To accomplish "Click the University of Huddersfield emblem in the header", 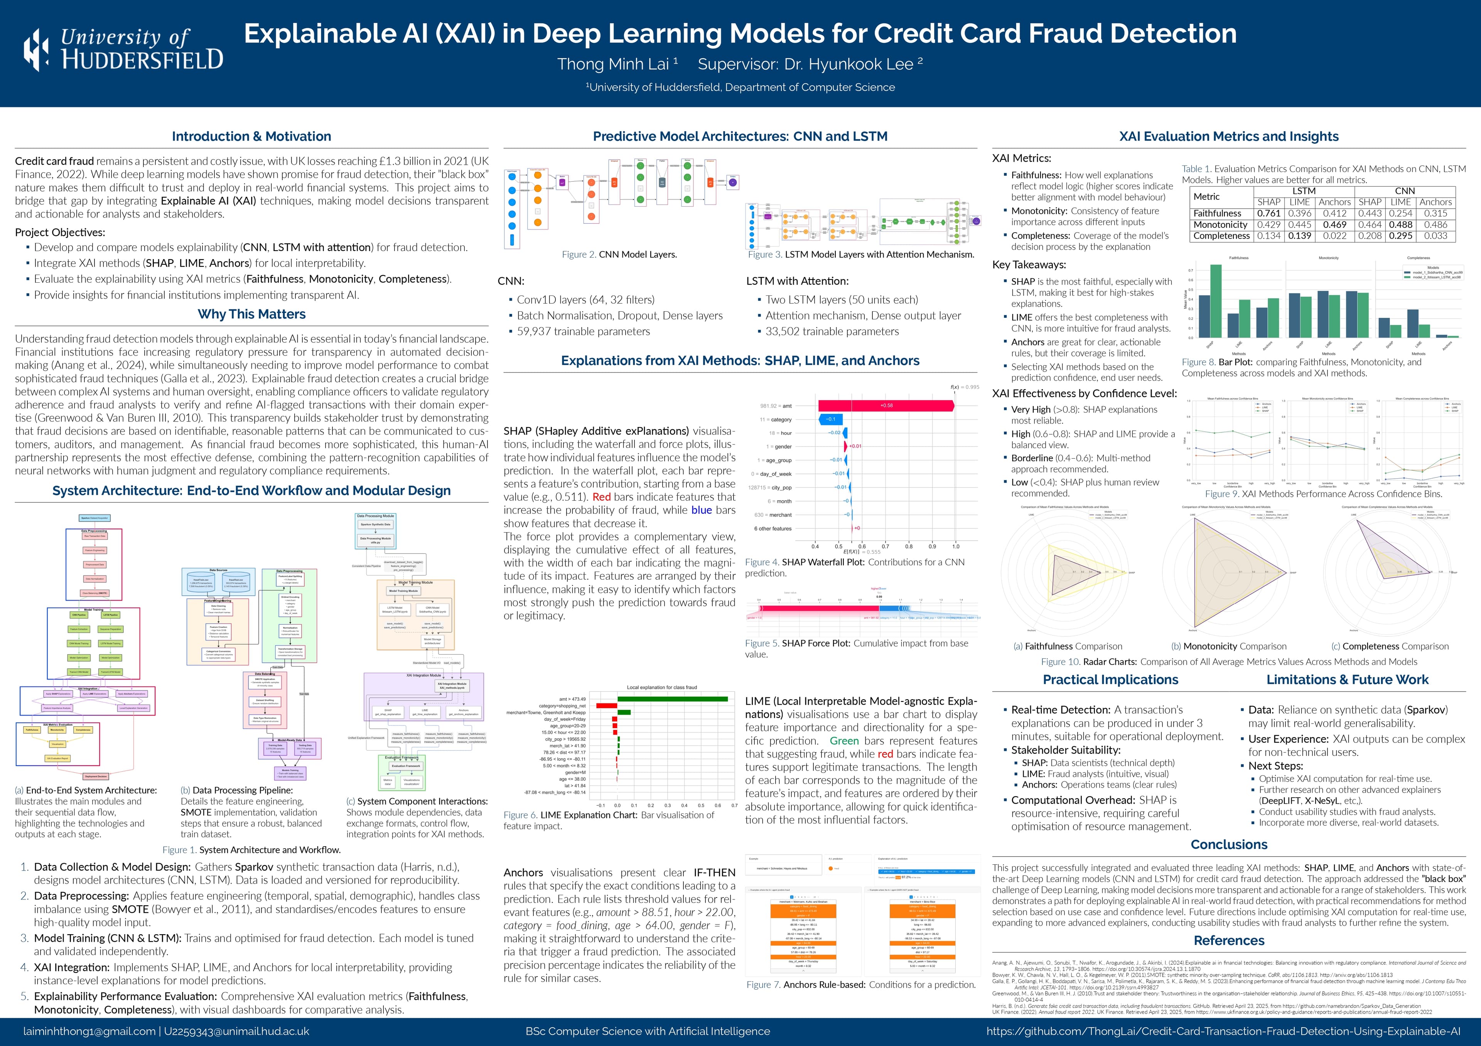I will tap(35, 50).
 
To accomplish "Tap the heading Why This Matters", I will tap(251, 314).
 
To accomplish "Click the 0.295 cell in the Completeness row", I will tap(1400, 236).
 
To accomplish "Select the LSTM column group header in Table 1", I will tap(1304, 191).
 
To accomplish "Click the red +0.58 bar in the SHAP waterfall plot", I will tap(886, 406).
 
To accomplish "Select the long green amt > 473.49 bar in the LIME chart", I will tap(672, 699).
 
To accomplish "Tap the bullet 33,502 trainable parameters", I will tap(832, 331).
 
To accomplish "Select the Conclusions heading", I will tap(1229, 845).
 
